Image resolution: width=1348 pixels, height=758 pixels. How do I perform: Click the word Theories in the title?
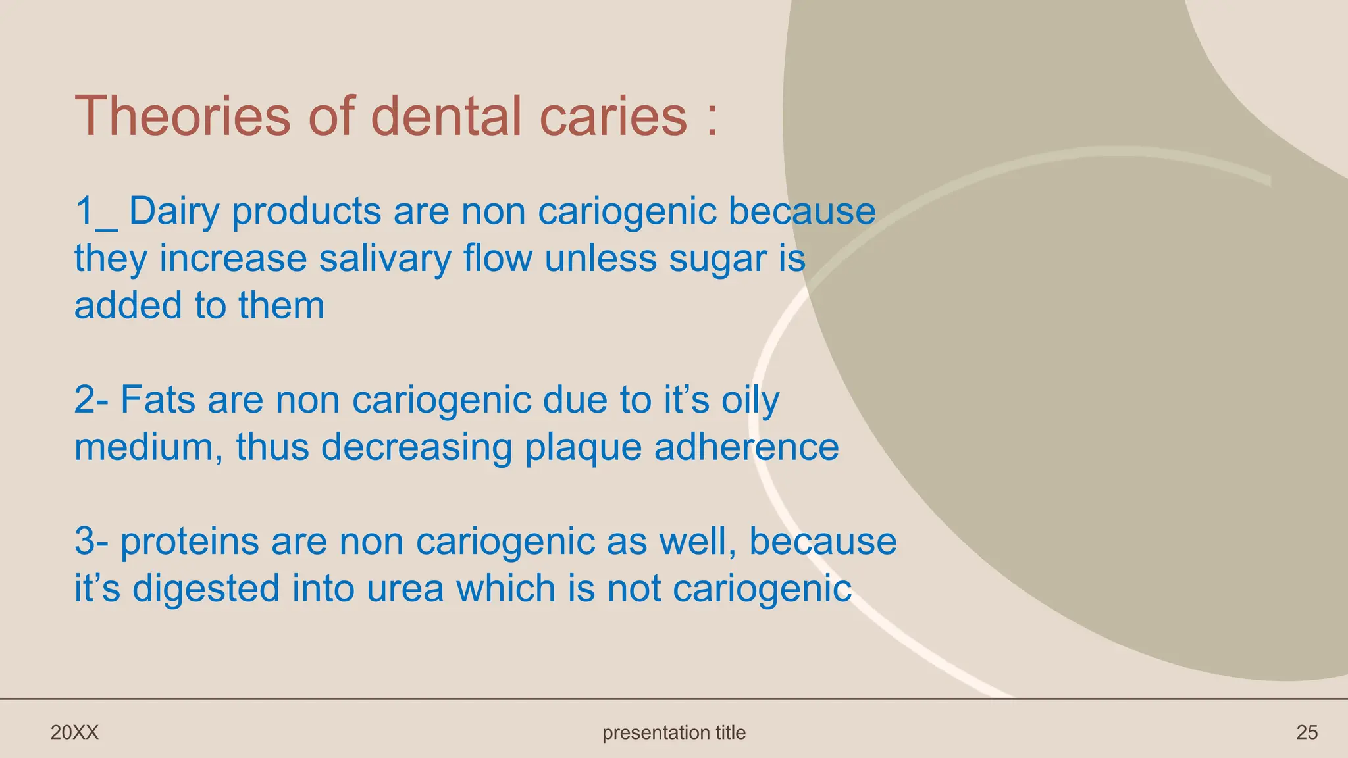click(x=182, y=116)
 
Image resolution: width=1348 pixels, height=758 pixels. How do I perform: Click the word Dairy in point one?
click(x=174, y=212)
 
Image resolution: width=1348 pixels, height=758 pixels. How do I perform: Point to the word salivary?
click(x=384, y=258)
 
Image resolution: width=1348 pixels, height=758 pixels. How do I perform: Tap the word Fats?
click(x=158, y=399)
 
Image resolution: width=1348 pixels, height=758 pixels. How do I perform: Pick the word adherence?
click(x=746, y=447)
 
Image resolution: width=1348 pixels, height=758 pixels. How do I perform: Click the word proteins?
click(x=190, y=542)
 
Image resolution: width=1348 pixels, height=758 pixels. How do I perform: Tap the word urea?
click(x=405, y=588)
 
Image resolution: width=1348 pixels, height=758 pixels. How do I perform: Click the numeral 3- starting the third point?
click(x=91, y=542)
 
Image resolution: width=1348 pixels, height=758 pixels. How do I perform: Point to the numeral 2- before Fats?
click(x=91, y=399)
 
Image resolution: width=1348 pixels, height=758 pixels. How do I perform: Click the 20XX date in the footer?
click(x=74, y=732)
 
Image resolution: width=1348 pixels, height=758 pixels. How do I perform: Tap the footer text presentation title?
click(x=674, y=732)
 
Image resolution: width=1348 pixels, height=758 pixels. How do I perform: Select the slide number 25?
click(x=1307, y=732)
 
